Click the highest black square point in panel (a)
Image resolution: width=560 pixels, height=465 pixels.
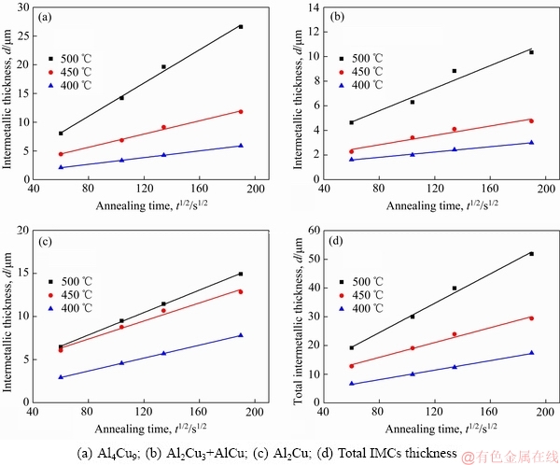pos(241,26)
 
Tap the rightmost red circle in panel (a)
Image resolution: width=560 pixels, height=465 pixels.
pos(241,112)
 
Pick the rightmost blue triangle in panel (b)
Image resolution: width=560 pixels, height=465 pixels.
pos(531,143)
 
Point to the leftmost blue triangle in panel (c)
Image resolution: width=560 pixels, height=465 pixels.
pos(61,377)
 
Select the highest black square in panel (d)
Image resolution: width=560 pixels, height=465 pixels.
pos(531,253)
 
